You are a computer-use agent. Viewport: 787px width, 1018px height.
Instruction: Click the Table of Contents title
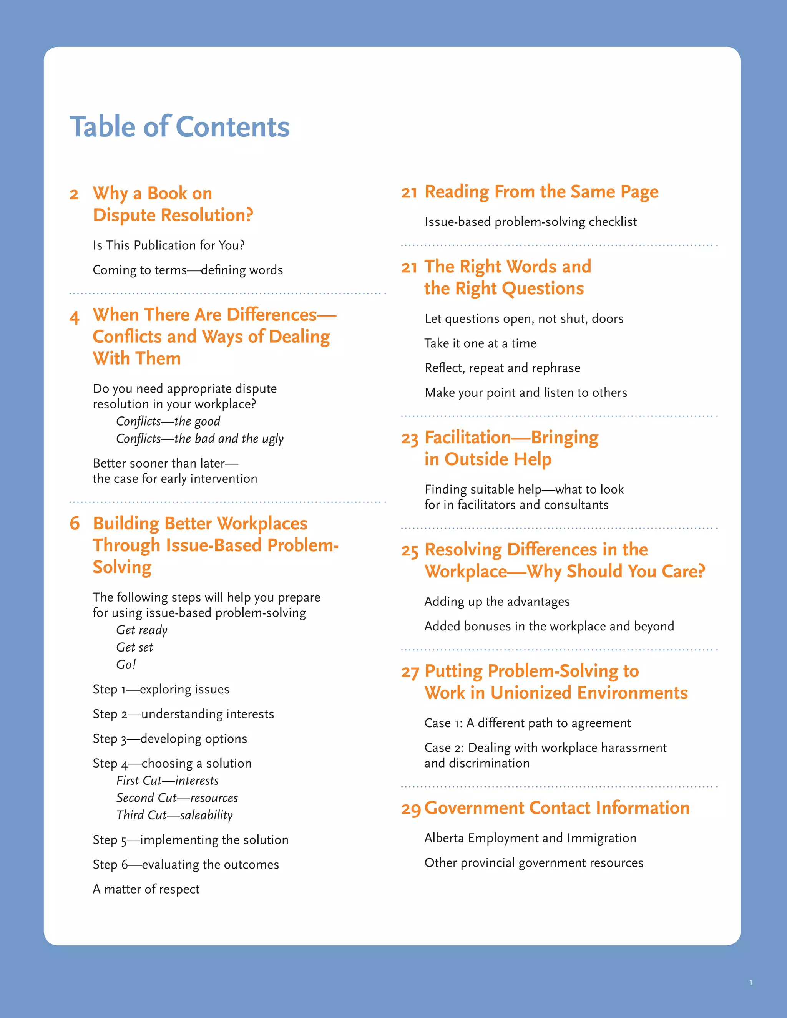179,127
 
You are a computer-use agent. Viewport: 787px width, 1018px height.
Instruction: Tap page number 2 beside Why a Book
74,194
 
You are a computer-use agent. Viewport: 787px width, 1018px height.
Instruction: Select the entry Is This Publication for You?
168,245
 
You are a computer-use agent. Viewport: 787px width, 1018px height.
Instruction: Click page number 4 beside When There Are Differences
75,317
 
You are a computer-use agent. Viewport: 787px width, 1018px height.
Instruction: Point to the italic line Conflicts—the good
168,421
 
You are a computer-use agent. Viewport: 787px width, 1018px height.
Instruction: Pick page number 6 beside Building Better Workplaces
75,524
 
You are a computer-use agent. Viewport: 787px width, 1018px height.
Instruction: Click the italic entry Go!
126,665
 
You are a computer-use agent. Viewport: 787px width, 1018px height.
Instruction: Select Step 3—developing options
170,739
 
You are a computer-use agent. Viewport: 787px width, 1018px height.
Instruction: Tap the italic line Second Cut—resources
177,798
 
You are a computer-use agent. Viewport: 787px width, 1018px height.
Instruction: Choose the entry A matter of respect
146,889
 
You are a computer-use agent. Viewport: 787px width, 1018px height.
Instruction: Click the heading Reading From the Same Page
541,192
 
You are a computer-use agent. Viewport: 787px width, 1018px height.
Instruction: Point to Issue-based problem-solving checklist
530,222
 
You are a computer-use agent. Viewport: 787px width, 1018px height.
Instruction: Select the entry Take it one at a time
480,343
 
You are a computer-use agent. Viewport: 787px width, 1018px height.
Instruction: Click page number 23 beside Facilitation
410,439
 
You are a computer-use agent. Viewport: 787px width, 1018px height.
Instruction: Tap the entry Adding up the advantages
497,602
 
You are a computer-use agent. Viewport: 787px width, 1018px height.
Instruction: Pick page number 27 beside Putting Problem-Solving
410,673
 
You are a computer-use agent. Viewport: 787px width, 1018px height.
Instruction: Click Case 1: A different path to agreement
527,723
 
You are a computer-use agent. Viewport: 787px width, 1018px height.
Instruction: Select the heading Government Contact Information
557,808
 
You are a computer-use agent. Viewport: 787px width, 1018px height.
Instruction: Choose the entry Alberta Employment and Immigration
530,838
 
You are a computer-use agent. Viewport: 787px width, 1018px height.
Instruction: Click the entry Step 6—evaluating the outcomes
186,865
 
